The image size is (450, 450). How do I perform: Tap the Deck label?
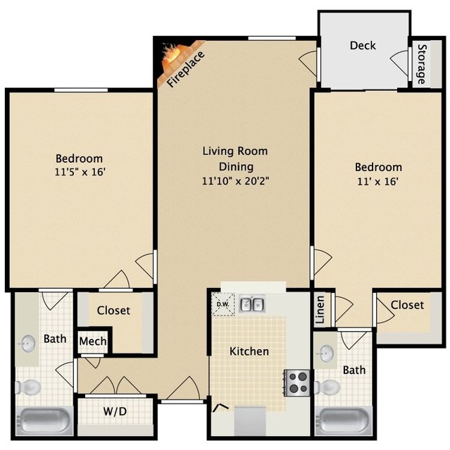click(363, 45)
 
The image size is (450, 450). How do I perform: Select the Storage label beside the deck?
click(421, 64)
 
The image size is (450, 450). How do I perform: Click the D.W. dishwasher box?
click(223, 304)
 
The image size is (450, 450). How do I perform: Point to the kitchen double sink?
click(252, 304)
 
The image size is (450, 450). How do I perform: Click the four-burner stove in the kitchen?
click(296, 383)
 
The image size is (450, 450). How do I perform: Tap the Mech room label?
click(93, 342)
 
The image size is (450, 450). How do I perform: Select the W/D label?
click(115, 411)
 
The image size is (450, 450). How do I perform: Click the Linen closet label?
click(320, 310)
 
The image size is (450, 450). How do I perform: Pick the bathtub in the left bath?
click(44, 420)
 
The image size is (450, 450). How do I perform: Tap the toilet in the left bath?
click(28, 387)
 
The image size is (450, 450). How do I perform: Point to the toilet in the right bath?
click(327, 387)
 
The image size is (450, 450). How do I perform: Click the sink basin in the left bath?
click(28, 343)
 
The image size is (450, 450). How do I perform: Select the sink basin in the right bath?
click(327, 354)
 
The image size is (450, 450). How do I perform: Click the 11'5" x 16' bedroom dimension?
click(80, 173)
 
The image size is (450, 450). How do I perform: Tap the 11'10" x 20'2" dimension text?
click(236, 181)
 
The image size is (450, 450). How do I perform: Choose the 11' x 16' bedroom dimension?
click(377, 182)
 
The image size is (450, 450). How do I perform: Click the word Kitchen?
click(249, 351)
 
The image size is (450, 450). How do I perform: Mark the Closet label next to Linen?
click(407, 305)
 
